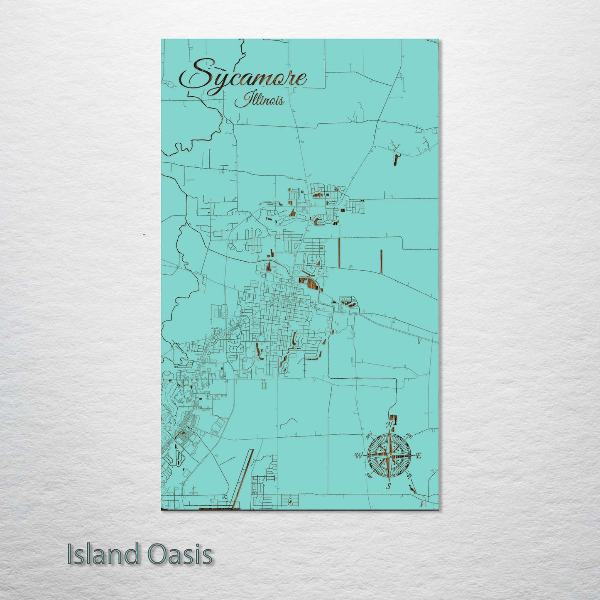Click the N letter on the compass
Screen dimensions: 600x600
[389, 425]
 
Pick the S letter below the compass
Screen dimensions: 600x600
[389, 486]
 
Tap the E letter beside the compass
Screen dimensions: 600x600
[419, 456]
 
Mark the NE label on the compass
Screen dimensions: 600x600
[409, 436]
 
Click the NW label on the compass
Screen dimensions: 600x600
[368, 436]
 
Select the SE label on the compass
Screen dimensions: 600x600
[409, 476]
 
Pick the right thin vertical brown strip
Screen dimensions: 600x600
[381, 262]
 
